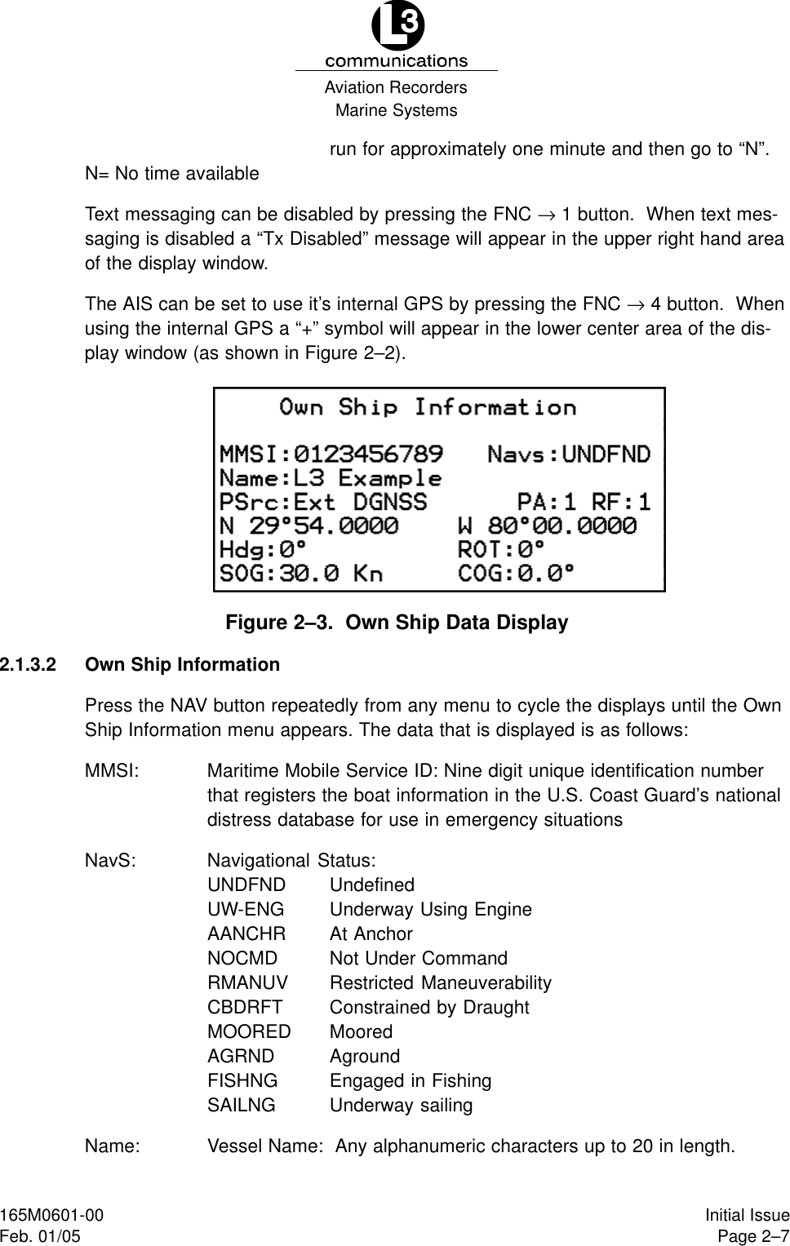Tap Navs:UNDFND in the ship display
click(x=569, y=453)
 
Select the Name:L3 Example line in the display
click(x=331, y=477)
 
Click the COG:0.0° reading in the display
click(x=516, y=573)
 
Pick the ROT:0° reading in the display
click(x=500, y=549)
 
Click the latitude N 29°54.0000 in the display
click(x=310, y=525)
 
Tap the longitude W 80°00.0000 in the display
click(x=547, y=525)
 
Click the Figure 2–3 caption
click(x=396, y=623)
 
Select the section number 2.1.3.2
click(x=29, y=665)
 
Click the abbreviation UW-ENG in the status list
click(x=246, y=910)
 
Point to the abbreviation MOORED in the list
click(x=249, y=1032)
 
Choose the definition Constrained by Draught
click(x=429, y=1008)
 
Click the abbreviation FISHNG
click(x=242, y=1081)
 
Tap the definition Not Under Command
click(x=418, y=959)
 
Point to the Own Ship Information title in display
click(x=428, y=406)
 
